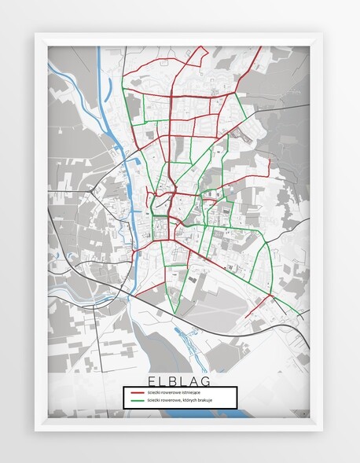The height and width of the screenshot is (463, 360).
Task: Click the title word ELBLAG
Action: pyautogui.click(x=179, y=380)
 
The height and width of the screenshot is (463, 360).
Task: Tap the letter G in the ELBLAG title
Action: pyautogui.click(x=210, y=380)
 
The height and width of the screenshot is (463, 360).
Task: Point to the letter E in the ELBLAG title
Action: pyautogui.click(x=149, y=380)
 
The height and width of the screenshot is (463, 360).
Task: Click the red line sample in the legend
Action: pyautogui.click(x=137, y=391)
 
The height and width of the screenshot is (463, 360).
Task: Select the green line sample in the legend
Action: pyautogui.click(x=137, y=400)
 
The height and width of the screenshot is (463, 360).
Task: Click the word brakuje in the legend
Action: pyautogui.click(x=206, y=400)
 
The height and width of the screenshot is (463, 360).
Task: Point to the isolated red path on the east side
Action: pyautogui.click(x=268, y=167)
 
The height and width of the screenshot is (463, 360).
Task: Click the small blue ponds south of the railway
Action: pyautogui.click(x=189, y=338)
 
